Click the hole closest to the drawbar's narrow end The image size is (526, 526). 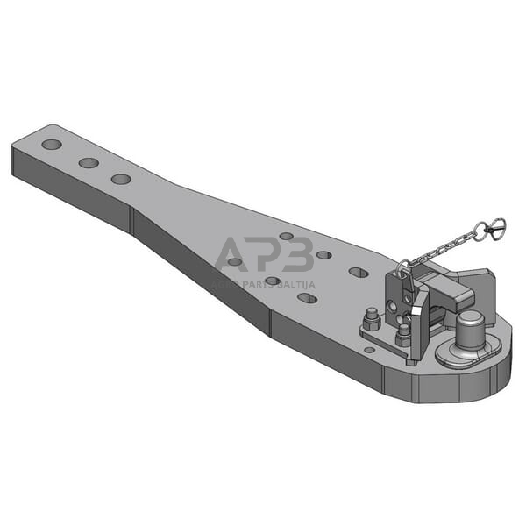tap(52, 144)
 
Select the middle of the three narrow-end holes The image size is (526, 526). tap(88, 162)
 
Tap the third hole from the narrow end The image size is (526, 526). tap(121, 180)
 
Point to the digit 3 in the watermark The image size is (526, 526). tap(297, 254)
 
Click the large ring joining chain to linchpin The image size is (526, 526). tap(480, 233)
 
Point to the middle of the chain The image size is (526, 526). tap(443, 250)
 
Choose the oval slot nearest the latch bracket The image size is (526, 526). tap(358, 272)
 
